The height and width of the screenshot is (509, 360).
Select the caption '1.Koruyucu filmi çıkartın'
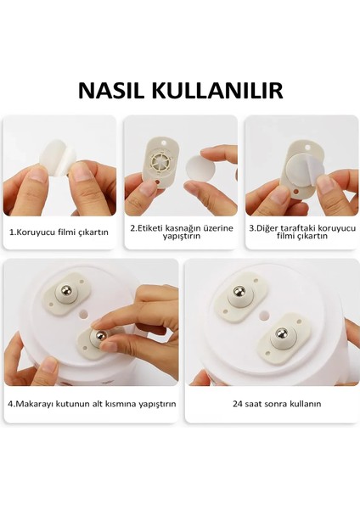[x=59, y=231]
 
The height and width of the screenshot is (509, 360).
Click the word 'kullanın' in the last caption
[x=303, y=404]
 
